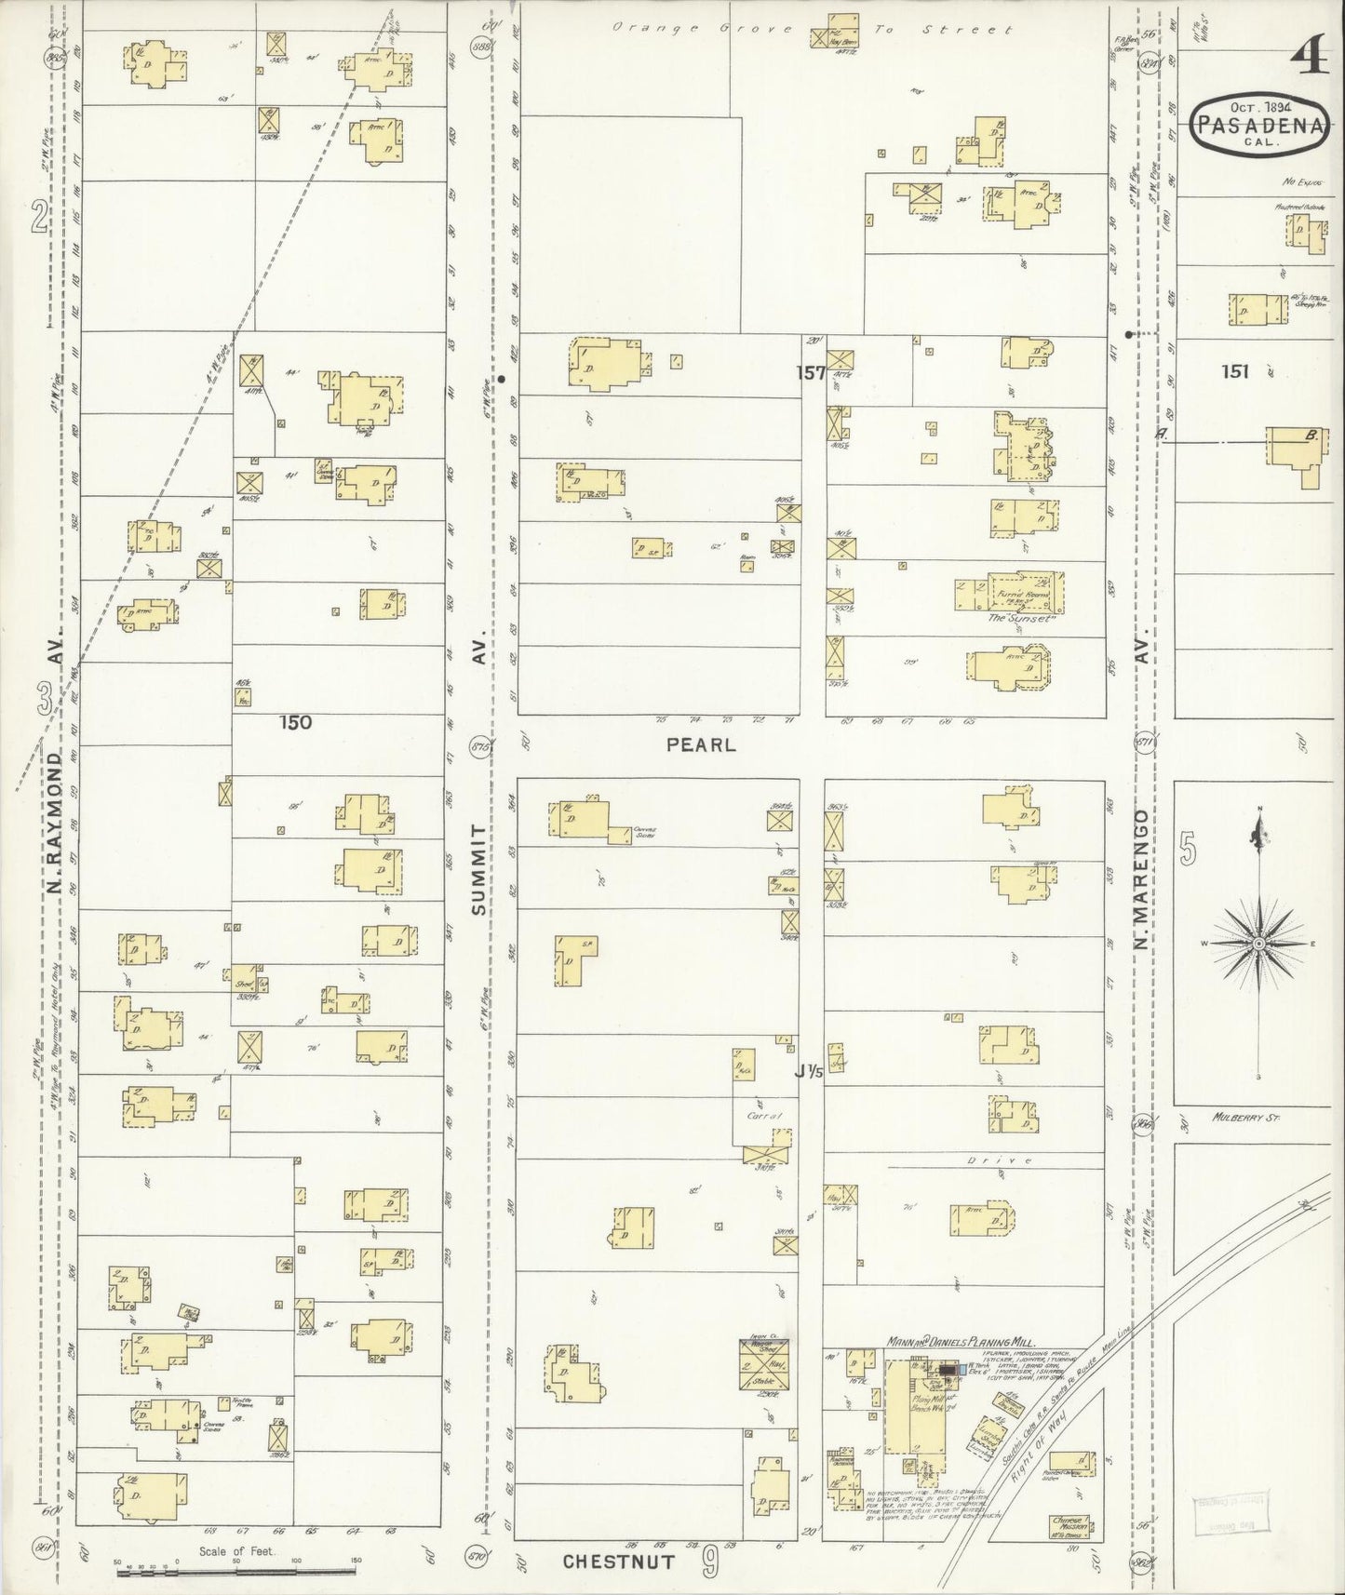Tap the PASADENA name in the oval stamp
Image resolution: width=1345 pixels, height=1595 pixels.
point(1258,125)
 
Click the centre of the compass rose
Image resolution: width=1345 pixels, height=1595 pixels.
point(1258,944)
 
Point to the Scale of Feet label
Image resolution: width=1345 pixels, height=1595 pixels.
point(235,1552)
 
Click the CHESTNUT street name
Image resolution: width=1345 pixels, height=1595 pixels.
point(618,1561)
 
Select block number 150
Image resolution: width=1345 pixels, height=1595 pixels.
point(294,721)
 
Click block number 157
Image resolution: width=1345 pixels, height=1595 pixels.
point(810,372)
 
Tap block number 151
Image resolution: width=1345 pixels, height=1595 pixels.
point(1235,371)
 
